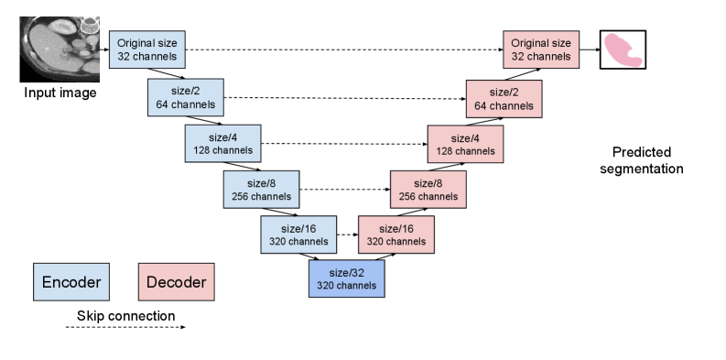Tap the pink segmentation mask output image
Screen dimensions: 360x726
tap(623, 49)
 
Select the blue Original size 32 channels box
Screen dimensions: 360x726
tap(147, 49)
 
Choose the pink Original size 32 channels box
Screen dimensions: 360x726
tap(540, 49)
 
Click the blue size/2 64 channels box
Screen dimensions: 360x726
tap(186, 97)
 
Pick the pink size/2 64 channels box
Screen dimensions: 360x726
tap(504, 98)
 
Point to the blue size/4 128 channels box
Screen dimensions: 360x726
tap(222, 144)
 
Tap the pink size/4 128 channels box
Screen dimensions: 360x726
tap(465, 144)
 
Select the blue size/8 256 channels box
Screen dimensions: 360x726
tap(261, 189)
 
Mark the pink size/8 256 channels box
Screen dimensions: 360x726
tap(428, 189)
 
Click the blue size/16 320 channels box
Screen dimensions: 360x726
tap(298, 235)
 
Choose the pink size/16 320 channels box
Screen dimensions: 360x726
tap(396, 235)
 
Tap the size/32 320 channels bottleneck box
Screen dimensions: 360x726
tap(346, 278)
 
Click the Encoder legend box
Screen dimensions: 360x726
tap(71, 281)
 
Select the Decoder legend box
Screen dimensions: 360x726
tap(177, 281)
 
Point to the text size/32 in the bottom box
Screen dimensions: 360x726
tap(346, 272)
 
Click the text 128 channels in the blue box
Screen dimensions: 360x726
tap(222, 150)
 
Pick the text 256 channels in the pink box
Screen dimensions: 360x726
tap(428, 196)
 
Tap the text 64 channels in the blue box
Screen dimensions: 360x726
tap(186, 104)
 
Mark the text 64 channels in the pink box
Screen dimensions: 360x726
tap(504, 105)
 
